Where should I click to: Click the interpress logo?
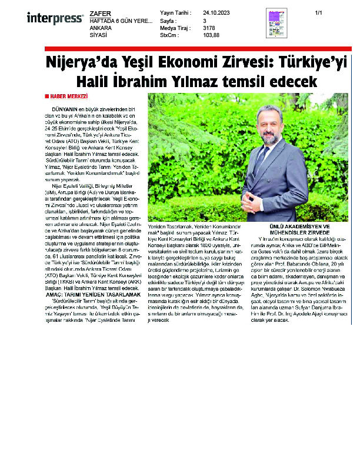pyautogui.click(x=55, y=19)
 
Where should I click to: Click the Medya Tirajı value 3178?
pyautogui.click(x=208, y=28)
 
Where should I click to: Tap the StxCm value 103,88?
pyautogui.click(x=211, y=35)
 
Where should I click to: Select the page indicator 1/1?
pyautogui.click(x=319, y=12)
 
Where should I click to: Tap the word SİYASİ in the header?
pyautogui.click(x=98, y=35)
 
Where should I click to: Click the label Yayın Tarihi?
pyautogui.click(x=175, y=12)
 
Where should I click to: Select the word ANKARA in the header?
pyautogui.click(x=100, y=28)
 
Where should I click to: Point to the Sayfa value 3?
pyautogui.click(x=205, y=20)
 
